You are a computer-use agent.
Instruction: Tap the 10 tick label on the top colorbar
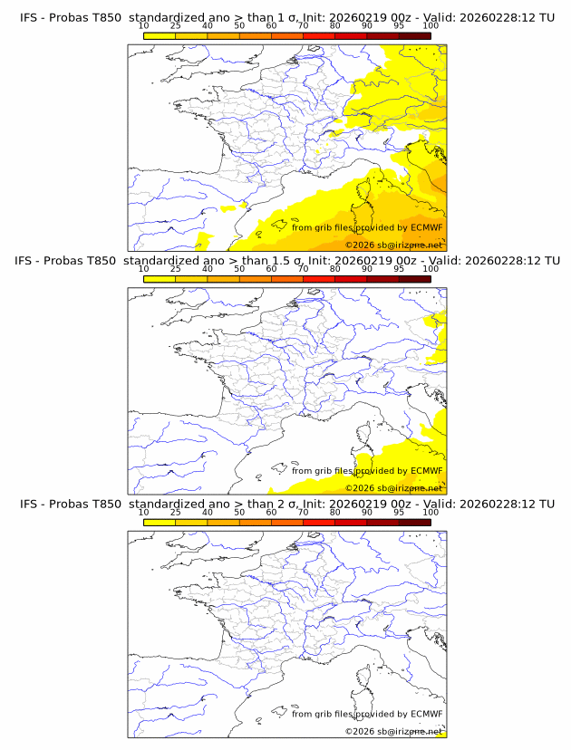tap(144, 25)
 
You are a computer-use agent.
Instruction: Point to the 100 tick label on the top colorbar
tap(431, 25)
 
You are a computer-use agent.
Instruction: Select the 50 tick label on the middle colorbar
tap(239, 269)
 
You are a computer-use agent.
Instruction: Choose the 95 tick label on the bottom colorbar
tap(399, 512)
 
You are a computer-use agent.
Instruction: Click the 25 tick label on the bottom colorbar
tap(176, 512)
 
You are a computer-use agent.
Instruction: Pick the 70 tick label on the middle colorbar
tap(303, 269)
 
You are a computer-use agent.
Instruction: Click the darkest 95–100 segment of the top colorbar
tap(415, 35)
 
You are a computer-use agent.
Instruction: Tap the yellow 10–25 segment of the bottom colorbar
tap(160, 522)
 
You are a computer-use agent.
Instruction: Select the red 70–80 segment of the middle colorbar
tap(318, 279)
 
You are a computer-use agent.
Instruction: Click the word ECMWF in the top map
tap(426, 227)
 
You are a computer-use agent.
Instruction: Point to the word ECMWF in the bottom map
tap(426, 714)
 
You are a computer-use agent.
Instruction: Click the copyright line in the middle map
tap(394, 487)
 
